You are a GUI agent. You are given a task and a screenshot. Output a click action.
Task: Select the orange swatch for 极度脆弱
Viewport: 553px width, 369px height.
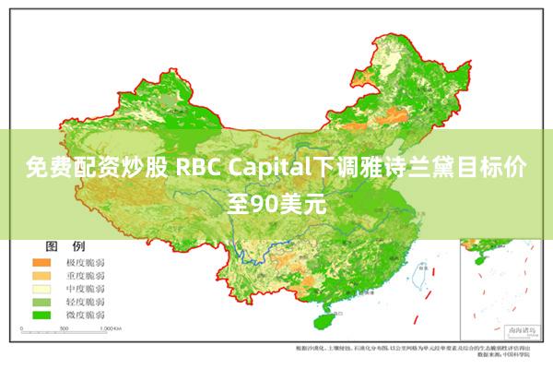point(42,263)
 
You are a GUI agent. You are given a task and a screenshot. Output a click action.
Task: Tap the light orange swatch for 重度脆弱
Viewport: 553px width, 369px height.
point(42,276)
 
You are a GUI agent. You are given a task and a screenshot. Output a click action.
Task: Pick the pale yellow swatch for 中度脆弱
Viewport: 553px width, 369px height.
point(42,289)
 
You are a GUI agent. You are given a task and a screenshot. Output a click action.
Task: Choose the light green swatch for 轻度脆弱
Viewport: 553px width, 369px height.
point(42,302)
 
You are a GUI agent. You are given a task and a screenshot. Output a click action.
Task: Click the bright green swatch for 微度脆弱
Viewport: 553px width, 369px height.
point(42,315)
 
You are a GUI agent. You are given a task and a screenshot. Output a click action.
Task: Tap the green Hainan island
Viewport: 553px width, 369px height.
point(324,322)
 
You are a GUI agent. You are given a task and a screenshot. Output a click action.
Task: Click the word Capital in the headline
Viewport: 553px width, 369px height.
point(266,170)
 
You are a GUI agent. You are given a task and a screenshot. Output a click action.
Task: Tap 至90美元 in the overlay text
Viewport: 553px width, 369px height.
point(276,200)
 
